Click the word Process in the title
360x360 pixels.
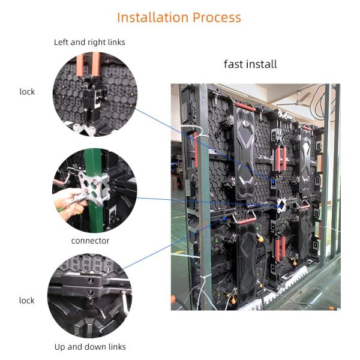[x=217, y=17]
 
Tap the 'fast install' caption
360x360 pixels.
[x=250, y=64]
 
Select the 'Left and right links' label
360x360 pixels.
[x=89, y=43]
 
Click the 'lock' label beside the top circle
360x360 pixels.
[x=27, y=92]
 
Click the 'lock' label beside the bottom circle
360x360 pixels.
[x=27, y=300]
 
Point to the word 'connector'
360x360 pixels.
[x=90, y=241]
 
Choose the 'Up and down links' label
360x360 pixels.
[x=90, y=347]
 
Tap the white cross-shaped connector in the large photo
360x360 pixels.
[x=281, y=205]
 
